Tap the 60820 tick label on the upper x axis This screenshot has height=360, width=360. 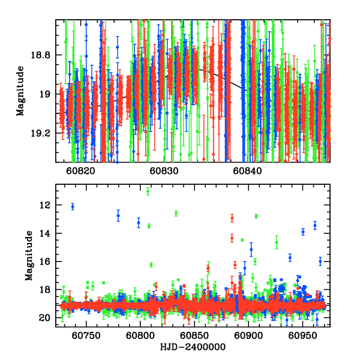coord(80,171)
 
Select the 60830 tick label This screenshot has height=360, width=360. coord(162,171)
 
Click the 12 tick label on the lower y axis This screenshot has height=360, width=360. coord(46,205)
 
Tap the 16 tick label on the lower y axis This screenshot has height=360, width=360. coord(46,262)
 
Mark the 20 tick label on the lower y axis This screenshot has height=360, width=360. coord(46,318)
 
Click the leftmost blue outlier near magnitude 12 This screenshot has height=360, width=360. coord(73,206)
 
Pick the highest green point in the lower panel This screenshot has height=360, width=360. coord(148,191)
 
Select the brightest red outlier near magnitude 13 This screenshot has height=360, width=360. coord(232,218)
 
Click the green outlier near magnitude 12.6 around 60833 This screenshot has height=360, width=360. coord(176,213)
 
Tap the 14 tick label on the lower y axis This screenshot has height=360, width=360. coord(46,233)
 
